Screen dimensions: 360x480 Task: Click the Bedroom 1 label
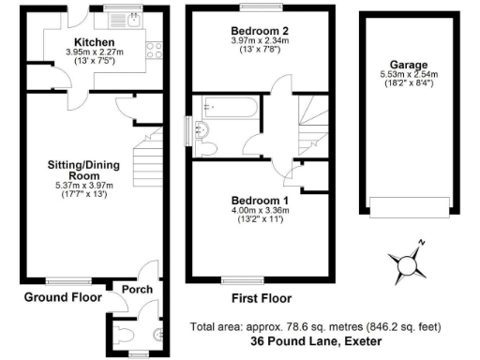coord(260,201)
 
